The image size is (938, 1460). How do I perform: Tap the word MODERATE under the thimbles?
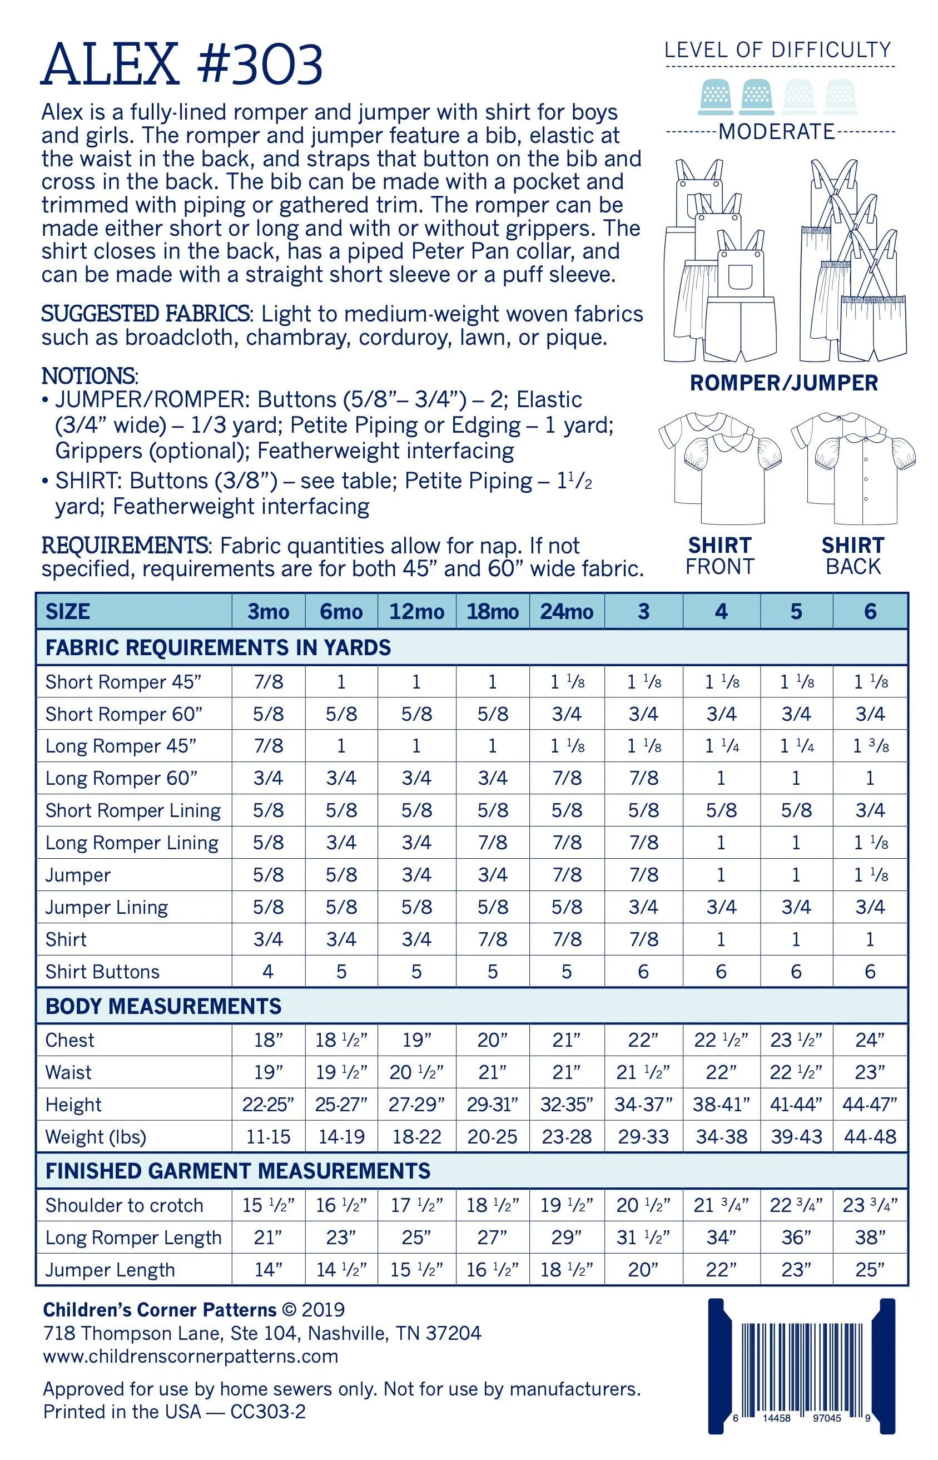(x=777, y=132)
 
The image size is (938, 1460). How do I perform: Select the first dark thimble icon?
(x=716, y=97)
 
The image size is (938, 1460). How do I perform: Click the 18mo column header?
(x=492, y=611)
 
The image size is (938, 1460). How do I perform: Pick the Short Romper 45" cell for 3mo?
(x=268, y=681)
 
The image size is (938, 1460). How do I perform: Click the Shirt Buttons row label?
(x=102, y=972)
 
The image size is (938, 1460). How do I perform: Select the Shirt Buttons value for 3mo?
(x=268, y=972)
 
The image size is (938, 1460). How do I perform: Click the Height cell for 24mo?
(x=567, y=1104)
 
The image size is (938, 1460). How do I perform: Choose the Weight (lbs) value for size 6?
(x=870, y=1136)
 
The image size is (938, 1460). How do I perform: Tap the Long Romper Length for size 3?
(x=643, y=1237)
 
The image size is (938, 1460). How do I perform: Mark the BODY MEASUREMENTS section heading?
(x=163, y=1006)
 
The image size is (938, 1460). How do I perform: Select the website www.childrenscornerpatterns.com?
(x=191, y=1356)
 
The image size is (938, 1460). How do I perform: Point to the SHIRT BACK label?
(x=853, y=556)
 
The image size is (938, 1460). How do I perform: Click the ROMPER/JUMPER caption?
(x=784, y=383)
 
